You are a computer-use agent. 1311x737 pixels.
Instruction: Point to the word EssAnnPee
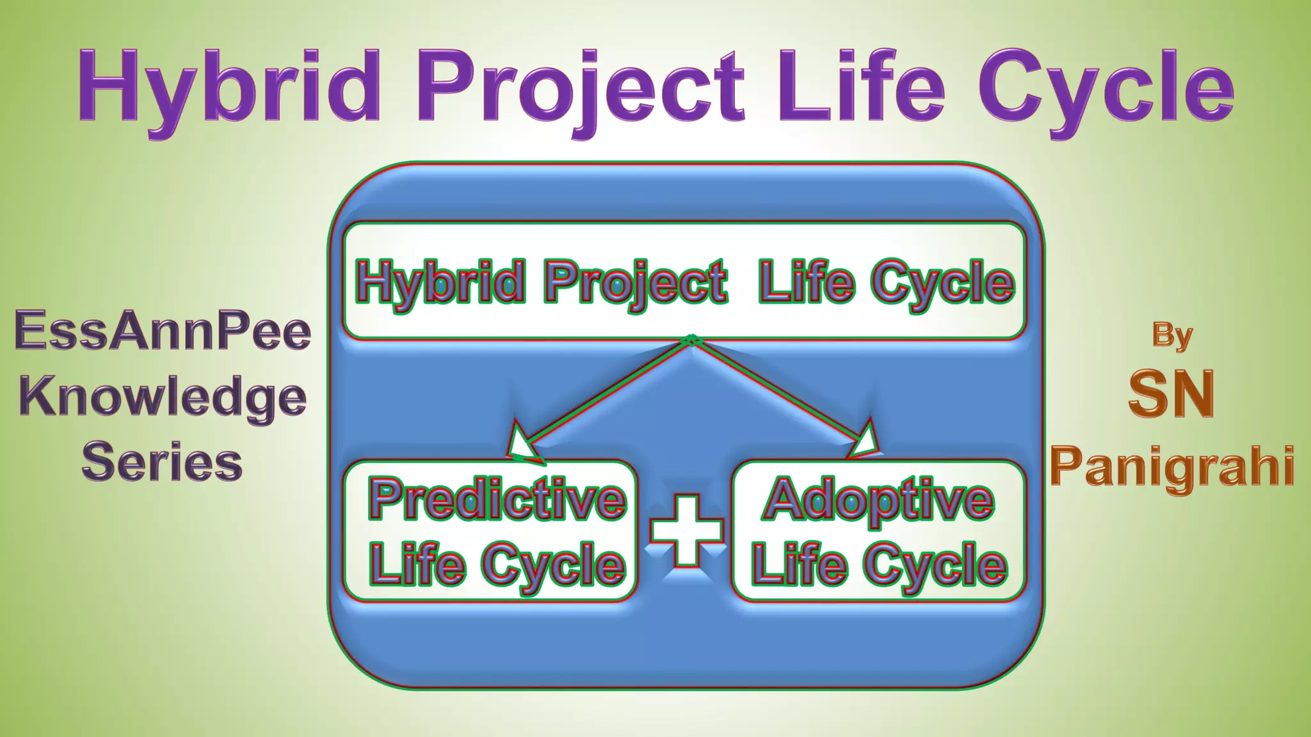[163, 331]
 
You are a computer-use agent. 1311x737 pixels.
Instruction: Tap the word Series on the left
[163, 463]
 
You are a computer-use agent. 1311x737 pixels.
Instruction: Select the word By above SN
[1172, 335]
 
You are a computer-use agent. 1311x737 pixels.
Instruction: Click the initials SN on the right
[1171, 394]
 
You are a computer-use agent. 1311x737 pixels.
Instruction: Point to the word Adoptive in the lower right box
[878, 501]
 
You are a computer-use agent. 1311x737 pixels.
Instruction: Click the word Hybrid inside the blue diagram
[440, 282]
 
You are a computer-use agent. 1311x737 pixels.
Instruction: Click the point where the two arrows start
[691, 340]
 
